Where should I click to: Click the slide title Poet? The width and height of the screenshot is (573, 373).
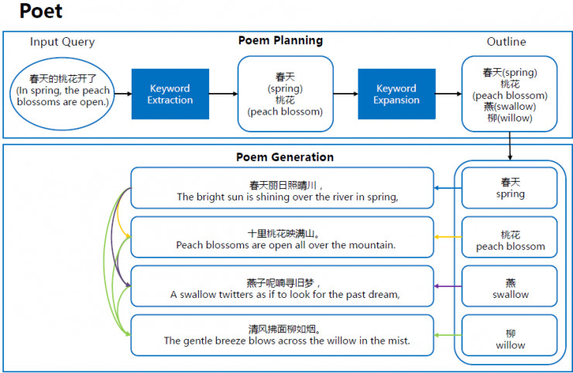[41, 12]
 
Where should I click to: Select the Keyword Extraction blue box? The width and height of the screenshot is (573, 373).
[170, 94]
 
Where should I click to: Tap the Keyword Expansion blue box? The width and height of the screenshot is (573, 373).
[396, 94]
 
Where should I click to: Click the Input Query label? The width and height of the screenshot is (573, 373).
[62, 42]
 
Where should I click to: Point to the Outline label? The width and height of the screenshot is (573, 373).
[506, 42]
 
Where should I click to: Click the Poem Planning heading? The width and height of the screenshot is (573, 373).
[280, 40]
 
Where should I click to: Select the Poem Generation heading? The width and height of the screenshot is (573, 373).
[284, 157]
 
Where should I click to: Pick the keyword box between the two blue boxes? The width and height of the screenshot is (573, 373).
[285, 94]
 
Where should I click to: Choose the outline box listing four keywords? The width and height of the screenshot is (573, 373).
[510, 94]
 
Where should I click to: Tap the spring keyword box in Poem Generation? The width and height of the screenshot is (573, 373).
[510, 188]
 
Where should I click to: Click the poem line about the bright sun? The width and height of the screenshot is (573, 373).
[282, 190]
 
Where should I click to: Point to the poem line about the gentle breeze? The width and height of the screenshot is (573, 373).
[282, 334]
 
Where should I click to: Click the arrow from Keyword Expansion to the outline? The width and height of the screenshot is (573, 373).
[447, 94]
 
